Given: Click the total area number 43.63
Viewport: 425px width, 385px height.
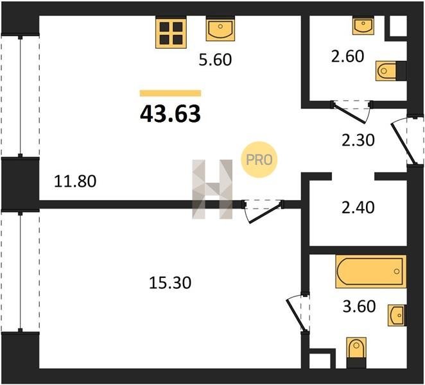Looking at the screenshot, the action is [171, 114].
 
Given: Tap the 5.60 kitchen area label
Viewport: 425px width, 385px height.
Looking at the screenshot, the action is [215, 60].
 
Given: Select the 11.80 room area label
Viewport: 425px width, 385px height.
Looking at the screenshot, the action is [75, 181].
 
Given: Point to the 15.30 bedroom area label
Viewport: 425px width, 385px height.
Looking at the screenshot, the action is [170, 282].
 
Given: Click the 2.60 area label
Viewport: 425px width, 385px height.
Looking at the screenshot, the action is [347, 56].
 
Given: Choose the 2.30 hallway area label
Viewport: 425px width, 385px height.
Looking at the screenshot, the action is [358, 141].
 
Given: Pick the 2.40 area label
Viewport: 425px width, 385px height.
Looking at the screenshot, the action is [358, 207].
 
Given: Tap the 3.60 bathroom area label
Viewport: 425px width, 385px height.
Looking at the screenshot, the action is [359, 307].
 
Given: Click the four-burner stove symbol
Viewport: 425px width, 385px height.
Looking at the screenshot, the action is [171, 33].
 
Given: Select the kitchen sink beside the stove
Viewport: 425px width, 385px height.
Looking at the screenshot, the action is [220, 29].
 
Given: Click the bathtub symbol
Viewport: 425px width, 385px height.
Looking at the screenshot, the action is [371, 271].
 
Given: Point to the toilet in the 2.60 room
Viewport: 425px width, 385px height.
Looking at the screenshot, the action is [388, 71].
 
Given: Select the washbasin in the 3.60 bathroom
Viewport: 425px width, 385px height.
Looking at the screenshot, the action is [397, 315].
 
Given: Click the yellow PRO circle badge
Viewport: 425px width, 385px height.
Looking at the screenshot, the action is [259, 160].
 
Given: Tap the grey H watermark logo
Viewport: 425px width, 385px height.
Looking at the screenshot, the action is [212, 189].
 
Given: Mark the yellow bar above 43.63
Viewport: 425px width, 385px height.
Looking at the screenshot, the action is [171, 93].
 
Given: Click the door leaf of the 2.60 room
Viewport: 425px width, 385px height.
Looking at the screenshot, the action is [350, 112].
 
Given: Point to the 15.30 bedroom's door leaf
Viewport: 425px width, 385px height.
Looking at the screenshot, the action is [264, 214].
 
